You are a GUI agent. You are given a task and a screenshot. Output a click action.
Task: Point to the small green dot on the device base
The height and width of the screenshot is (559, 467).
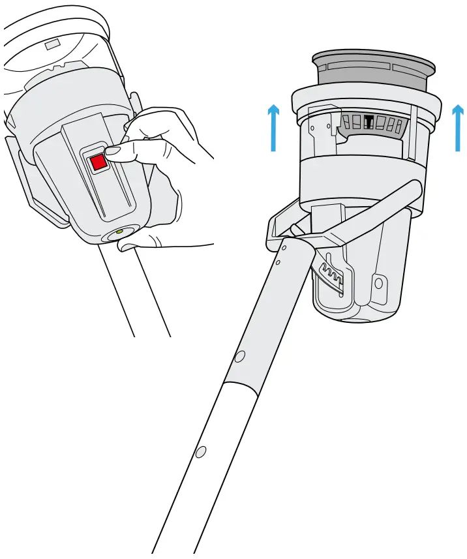(x=119, y=231)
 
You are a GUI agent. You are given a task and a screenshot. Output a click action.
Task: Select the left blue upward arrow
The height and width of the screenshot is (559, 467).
(x=274, y=127)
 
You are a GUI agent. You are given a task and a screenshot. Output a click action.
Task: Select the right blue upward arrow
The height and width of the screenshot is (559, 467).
(x=459, y=127)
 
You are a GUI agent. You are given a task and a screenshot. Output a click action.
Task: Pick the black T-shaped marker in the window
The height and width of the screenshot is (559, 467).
(x=369, y=122)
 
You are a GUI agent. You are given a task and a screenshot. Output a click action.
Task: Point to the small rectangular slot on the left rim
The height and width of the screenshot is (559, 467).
(x=52, y=46)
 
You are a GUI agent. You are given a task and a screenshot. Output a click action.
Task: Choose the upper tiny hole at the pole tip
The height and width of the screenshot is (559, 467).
(x=284, y=247)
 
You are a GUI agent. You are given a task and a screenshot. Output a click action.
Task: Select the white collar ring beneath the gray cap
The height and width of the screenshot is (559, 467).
(x=365, y=98)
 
